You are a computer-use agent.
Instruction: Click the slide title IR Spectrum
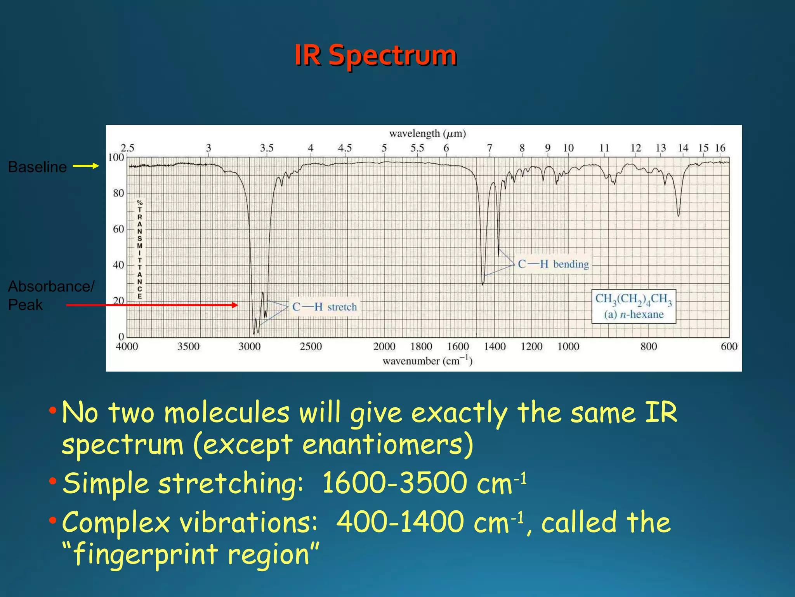[375, 55]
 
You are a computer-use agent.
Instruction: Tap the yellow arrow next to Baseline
[86, 166]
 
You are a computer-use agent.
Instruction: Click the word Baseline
[37, 167]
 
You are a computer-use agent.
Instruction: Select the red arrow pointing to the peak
[152, 305]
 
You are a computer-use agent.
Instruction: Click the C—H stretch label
[324, 307]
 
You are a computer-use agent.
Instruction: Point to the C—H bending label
[553, 264]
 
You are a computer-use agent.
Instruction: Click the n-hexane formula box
[634, 306]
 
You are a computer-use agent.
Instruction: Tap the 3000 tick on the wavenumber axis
[249, 346]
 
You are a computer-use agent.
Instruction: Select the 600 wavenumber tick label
[729, 346]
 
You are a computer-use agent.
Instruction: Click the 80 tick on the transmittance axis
[118, 193]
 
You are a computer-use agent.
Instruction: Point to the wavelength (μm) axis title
[427, 134]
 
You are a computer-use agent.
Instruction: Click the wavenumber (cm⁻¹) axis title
[427, 361]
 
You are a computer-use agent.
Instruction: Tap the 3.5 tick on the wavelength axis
[267, 148]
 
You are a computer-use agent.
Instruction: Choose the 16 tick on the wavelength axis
[720, 148]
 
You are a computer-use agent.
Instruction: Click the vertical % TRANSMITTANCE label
[140, 250]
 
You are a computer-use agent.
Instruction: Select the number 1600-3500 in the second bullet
[394, 483]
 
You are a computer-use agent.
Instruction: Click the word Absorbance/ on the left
[51, 286]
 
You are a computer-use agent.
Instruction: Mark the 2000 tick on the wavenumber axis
[384, 346]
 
